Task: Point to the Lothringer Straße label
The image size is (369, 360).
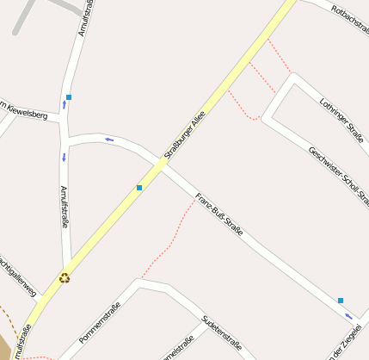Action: click(x=341, y=120)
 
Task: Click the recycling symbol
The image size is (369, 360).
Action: click(x=65, y=277)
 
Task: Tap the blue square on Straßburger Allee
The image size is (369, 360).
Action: click(x=139, y=187)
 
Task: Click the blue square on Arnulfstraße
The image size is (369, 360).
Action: click(x=69, y=97)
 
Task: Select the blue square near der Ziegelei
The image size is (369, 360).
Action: click(x=341, y=300)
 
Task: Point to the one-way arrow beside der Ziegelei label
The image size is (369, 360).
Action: click(x=348, y=315)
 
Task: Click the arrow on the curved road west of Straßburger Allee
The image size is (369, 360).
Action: click(x=108, y=140)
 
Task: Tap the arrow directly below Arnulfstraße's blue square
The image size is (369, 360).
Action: click(x=65, y=106)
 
